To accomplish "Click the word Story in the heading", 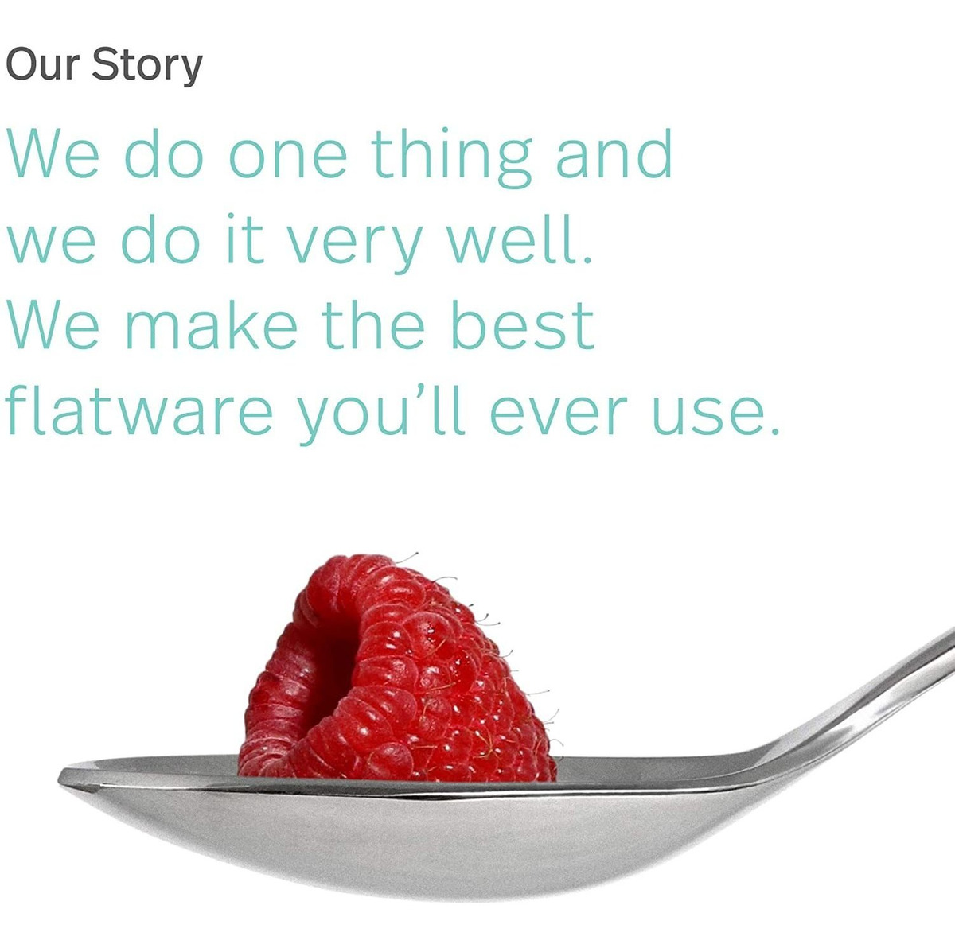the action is (x=148, y=66).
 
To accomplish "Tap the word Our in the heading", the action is (x=44, y=64).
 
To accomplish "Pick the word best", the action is (x=522, y=323).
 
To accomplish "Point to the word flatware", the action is (x=138, y=408).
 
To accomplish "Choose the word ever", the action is (x=555, y=417).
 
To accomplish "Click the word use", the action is (x=702, y=417).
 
